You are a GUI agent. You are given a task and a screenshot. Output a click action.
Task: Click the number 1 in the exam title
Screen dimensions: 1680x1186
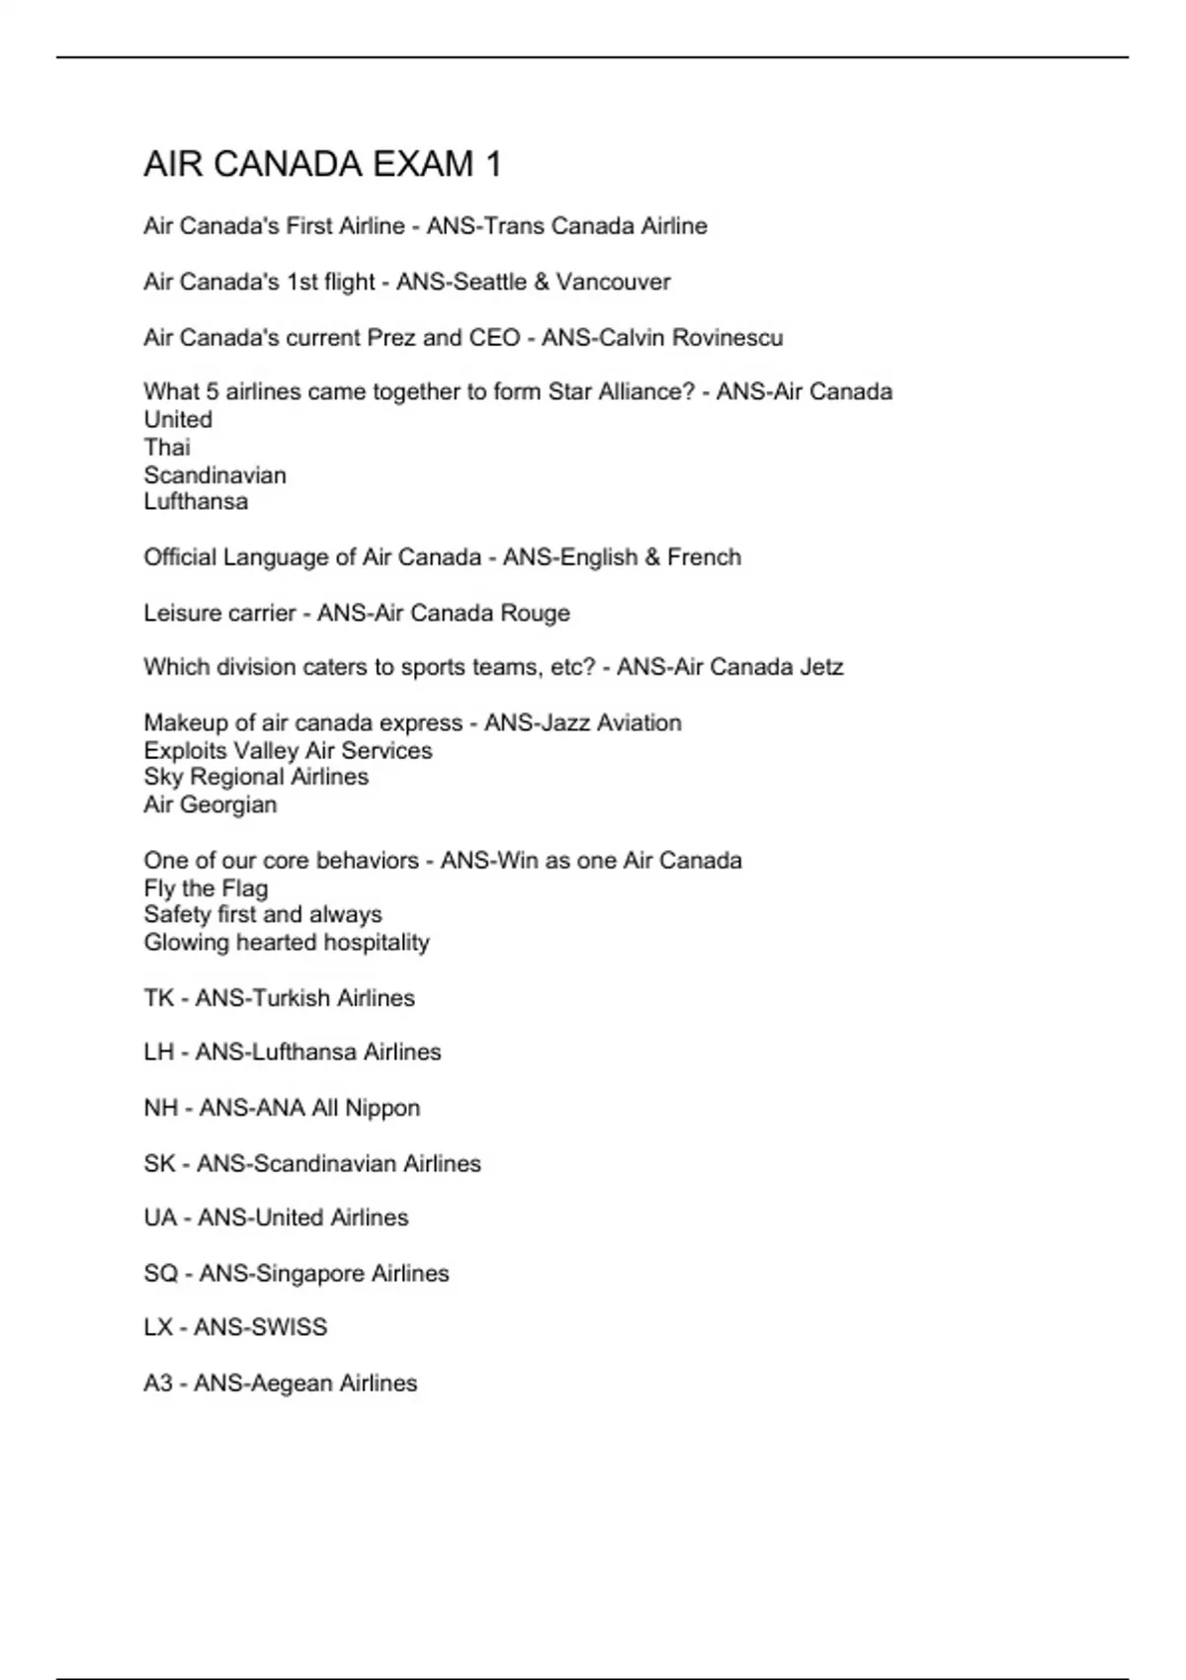492,164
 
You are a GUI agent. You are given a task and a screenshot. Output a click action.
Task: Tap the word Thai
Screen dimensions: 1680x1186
167,448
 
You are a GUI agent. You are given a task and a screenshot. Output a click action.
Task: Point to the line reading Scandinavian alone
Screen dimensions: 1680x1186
214,475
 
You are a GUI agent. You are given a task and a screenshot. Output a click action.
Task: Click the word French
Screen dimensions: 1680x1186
704,557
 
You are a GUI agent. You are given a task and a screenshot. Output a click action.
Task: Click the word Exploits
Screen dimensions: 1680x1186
185,751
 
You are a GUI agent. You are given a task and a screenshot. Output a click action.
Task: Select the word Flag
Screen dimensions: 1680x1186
244,888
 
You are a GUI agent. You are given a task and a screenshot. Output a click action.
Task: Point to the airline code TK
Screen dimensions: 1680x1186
158,998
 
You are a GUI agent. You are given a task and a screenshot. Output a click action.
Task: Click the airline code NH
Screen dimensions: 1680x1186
160,1108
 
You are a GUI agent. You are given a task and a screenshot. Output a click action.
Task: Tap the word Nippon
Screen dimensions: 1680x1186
382,1109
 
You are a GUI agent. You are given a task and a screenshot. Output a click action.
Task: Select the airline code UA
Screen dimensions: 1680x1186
160,1218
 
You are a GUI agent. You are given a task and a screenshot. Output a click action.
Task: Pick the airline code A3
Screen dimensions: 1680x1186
158,1384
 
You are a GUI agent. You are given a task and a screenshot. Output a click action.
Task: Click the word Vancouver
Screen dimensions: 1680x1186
614,282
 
